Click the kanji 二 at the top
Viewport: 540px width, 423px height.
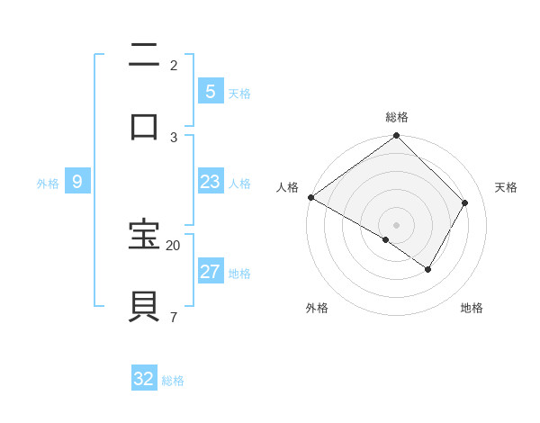coord(145,56)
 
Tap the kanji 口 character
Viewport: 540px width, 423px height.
coord(145,125)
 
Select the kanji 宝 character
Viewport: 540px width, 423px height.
coord(145,235)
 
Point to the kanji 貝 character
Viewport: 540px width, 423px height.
coord(145,305)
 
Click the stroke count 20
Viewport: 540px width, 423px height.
coord(173,245)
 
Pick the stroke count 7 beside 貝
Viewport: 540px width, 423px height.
coord(173,316)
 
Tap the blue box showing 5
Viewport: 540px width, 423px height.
coord(210,91)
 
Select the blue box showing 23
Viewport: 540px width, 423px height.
coord(210,182)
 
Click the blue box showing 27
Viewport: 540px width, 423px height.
coord(210,272)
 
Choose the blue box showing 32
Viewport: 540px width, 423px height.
coord(144,379)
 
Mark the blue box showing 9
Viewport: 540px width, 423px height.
coord(77,182)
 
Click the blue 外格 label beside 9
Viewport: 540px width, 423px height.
coord(48,184)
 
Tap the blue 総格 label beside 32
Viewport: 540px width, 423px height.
coord(173,381)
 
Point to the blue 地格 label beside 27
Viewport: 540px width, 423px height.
coord(239,274)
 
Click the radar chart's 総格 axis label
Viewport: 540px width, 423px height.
coord(397,117)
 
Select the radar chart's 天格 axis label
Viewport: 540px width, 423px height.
coord(506,187)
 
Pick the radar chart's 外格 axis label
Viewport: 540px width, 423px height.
coord(317,308)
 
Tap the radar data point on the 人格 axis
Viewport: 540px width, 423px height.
coord(310,197)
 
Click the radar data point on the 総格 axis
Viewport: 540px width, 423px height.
coord(396,137)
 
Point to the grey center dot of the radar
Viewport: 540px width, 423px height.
coord(396,224)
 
